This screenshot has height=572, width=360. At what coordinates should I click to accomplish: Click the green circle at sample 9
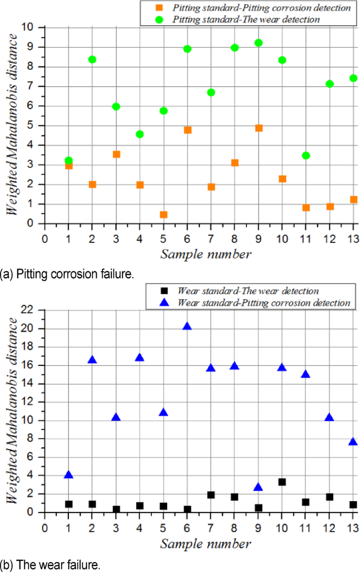[258, 43]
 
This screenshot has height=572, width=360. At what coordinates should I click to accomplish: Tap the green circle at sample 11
[306, 155]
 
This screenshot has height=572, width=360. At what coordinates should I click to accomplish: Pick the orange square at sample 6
[187, 130]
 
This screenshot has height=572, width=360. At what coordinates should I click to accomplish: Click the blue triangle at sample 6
[187, 326]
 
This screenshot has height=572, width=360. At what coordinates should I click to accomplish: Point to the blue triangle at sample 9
[258, 487]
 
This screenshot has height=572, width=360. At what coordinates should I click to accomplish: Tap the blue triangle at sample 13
[353, 442]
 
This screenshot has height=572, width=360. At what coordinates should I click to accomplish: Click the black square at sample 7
[211, 495]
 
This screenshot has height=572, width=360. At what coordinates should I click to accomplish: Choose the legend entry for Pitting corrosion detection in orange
[255, 8]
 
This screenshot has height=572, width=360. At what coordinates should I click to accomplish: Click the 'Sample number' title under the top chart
[205, 254]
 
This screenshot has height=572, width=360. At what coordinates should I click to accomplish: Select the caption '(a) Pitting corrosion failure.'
[60, 274]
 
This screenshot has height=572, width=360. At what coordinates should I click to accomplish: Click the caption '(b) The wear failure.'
[50, 566]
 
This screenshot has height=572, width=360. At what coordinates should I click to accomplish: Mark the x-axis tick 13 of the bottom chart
[353, 527]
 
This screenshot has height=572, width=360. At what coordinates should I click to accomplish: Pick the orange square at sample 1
[68, 166]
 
